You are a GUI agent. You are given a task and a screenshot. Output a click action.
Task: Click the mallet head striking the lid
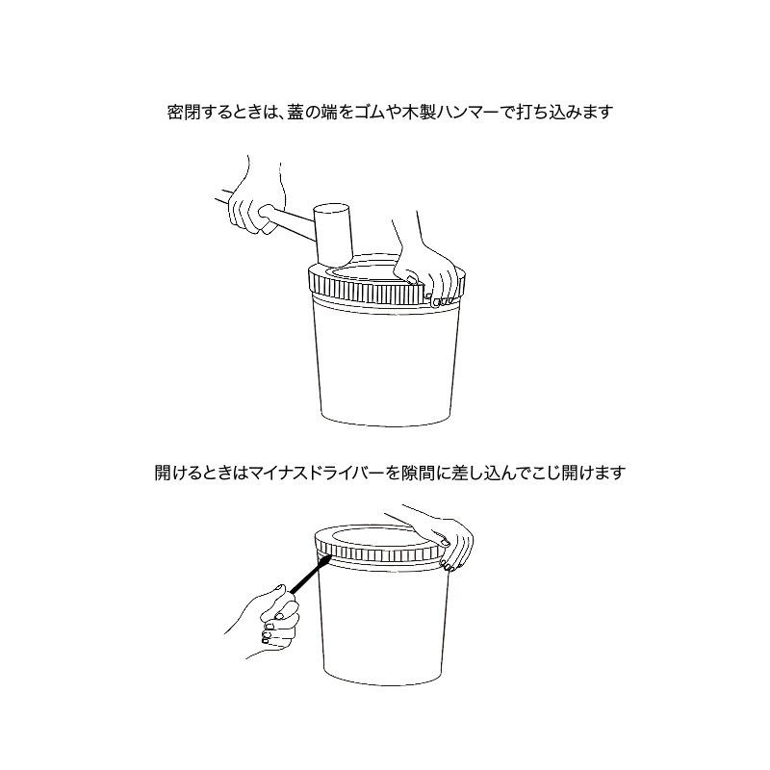tap(333, 233)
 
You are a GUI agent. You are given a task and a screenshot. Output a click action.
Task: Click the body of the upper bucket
tap(386, 365)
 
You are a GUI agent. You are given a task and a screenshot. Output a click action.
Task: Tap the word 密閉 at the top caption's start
tap(183, 113)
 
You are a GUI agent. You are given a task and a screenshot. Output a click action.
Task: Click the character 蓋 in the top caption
tap(296, 113)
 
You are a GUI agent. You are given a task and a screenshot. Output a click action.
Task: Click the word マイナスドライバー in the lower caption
tap(317, 473)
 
